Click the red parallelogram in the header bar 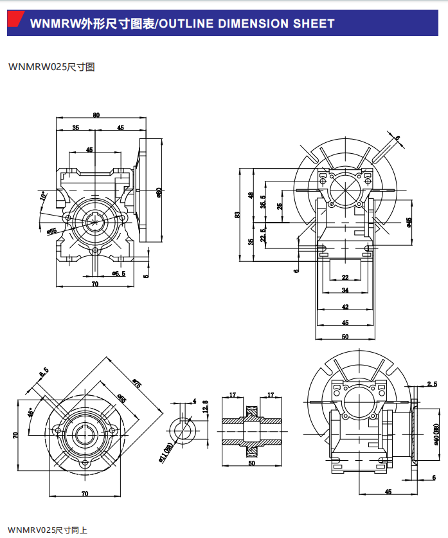[17, 24]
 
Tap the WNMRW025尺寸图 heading [51, 66]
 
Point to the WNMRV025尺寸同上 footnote [47, 530]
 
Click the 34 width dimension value [345, 291]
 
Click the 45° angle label [30, 413]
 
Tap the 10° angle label [43, 196]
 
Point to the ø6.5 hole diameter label [118, 274]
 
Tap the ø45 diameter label [409, 223]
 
